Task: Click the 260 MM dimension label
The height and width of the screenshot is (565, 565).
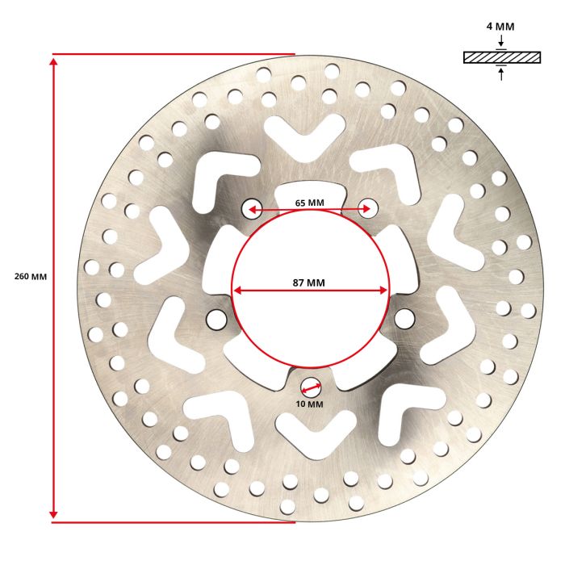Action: pyautogui.click(x=31, y=277)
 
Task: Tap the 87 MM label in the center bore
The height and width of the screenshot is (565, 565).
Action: pyautogui.click(x=309, y=282)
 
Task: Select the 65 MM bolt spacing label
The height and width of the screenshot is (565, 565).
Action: pyautogui.click(x=309, y=203)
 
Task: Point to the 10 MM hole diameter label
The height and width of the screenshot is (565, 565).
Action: pyautogui.click(x=309, y=404)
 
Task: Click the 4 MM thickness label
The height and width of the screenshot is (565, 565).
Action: pyautogui.click(x=500, y=27)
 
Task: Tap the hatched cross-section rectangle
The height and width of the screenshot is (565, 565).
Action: pyautogui.click(x=502, y=57)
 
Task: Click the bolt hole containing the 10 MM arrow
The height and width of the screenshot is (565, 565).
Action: pyautogui.click(x=311, y=387)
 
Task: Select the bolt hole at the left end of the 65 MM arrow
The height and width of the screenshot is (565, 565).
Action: pyautogui.click(x=252, y=208)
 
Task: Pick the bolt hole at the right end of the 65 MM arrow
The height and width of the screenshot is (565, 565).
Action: pyautogui.click(x=368, y=208)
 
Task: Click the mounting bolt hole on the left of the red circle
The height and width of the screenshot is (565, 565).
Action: pyautogui.click(x=216, y=320)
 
